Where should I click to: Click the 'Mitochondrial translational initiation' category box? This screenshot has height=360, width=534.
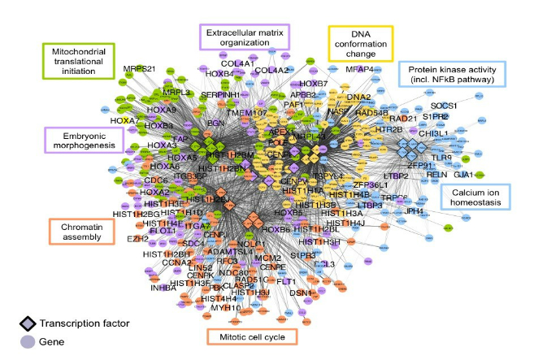80,60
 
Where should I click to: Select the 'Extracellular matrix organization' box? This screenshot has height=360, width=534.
244,37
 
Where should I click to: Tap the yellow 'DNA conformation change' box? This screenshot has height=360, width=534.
360,43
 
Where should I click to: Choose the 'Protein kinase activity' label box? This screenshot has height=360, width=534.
453,75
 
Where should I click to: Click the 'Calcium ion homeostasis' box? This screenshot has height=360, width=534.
475,196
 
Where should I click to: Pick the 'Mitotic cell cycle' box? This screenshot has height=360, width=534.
252,336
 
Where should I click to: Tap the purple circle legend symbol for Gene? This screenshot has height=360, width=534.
28,343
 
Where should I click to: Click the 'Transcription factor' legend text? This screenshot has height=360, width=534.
85,323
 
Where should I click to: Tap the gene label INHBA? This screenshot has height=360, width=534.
163,287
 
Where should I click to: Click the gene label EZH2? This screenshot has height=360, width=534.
137,238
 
